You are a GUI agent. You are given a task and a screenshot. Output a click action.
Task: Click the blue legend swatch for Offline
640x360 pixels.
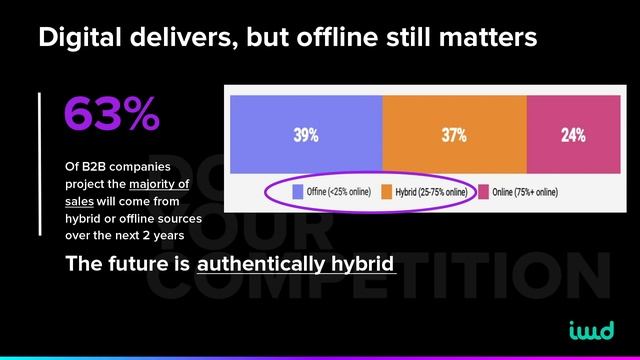tap(298, 192)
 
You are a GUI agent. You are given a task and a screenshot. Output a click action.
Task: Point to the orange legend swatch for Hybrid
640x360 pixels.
tap(386, 192)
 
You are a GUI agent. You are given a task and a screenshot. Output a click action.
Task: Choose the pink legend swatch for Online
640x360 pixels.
tap(482, 192)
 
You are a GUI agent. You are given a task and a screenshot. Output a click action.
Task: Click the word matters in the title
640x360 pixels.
tap(487, 39)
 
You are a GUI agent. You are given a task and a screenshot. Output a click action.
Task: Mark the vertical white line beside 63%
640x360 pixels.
tap(41, 165)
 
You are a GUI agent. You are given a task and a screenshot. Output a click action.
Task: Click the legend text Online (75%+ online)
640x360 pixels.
tap(524, 192)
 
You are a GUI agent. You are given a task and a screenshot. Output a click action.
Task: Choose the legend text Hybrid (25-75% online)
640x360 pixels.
tap(430, 192)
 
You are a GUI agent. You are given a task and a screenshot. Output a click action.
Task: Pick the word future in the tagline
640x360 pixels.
tap(136, 265)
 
